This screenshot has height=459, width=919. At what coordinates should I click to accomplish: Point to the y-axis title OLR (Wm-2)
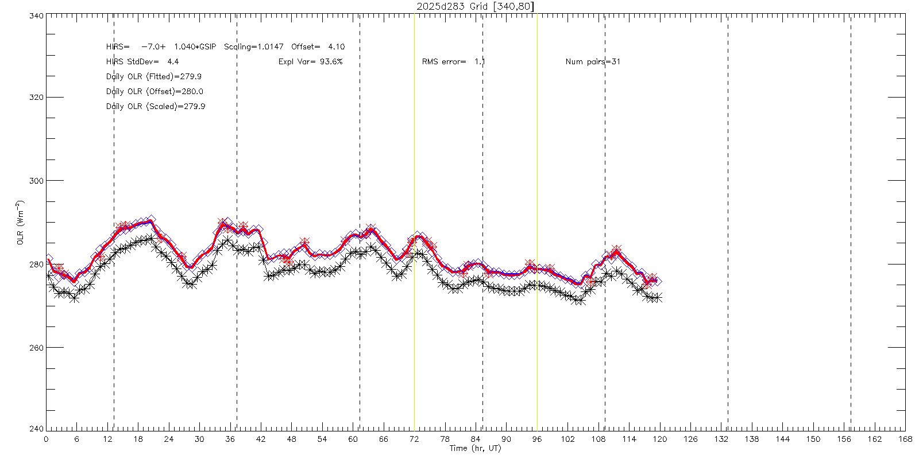(x=21, y=223)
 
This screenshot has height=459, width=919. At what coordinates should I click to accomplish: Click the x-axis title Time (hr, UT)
(x=475, y=448)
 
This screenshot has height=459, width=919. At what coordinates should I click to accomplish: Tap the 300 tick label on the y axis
(x=36, y=181)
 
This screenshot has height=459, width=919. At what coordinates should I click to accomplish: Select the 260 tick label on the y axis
(x=36, y=348)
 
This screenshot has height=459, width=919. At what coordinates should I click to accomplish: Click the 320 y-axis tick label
(x=36, y=98)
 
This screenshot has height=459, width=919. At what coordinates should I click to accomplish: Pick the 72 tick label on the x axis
(x=414, y=439)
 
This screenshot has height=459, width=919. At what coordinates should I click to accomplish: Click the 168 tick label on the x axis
(x=905, y=439)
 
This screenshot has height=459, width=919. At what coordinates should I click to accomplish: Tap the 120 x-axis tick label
(x=660, y=439)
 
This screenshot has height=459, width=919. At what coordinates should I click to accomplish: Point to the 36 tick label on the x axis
(x=230, y=439)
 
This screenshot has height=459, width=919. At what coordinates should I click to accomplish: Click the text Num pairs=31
(x=593, y=61)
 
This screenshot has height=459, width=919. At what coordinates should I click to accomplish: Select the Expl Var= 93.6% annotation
(x=310, y=61)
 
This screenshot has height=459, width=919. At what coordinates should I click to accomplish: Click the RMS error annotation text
(x=454, y=61)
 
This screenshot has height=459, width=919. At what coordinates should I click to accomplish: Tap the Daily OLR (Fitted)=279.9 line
(x=154, y=76)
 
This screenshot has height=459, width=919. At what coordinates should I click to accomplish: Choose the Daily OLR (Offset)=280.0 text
(x=155, y=91)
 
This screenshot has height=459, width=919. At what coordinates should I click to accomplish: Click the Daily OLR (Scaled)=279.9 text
(x=156, y=106)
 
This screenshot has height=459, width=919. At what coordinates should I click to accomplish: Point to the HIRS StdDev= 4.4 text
(x=142, y=61)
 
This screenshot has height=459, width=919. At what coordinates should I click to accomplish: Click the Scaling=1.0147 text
(x=253, y=46)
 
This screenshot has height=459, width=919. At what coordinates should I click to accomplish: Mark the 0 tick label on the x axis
(x=46, y=439)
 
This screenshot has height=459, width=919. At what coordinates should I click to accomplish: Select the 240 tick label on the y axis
(x=36, y=429)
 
